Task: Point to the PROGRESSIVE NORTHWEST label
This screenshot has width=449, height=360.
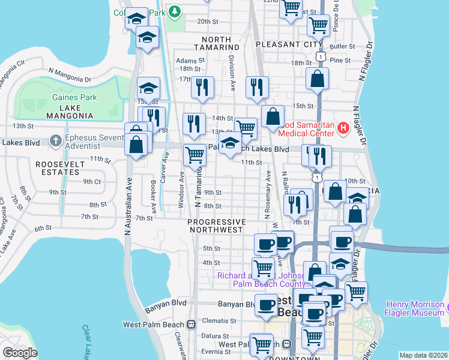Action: [217, 227]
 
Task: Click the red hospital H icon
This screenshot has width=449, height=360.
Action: [343, 127]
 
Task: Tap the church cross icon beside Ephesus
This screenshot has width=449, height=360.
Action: [56, 140]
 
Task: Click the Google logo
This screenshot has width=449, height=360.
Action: [20, 353]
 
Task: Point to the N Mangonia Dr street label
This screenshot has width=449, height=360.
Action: [70, 75]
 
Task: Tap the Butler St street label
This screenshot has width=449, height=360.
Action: [343, 46]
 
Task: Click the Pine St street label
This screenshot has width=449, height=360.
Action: [340, 61]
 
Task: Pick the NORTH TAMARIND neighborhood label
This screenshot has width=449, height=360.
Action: [217, 43]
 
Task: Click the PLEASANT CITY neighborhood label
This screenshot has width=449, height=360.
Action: [289, 44]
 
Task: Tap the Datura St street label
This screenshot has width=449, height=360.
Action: [215, 336]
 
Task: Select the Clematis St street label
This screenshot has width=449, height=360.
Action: [214, 321]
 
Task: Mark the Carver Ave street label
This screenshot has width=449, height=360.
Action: [164, 162]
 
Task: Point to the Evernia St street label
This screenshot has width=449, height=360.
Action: [215, 352]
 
